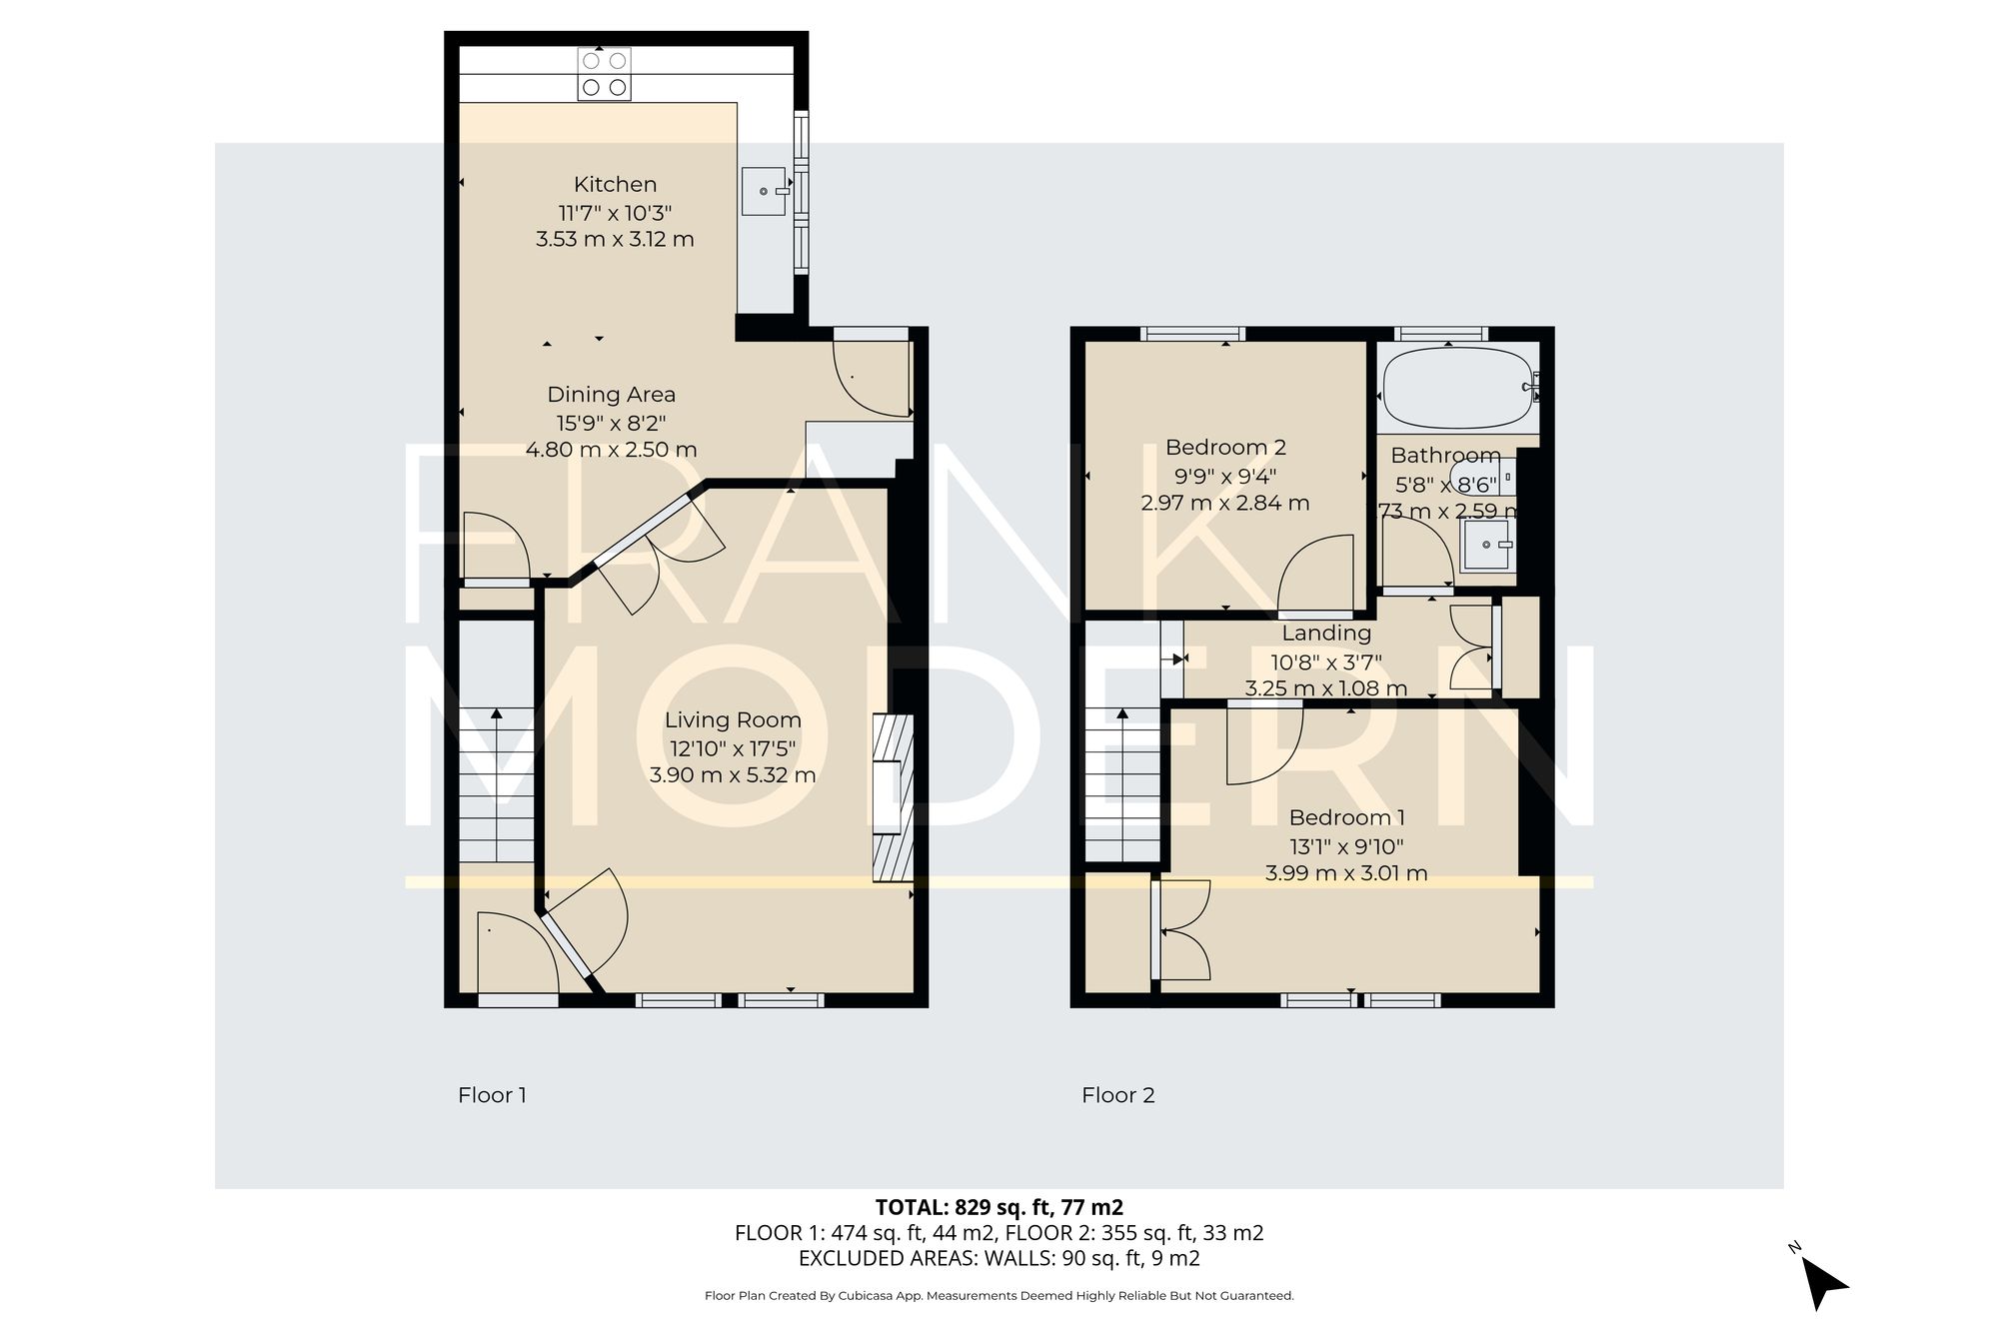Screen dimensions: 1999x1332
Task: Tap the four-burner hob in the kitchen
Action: [x=605, y=74]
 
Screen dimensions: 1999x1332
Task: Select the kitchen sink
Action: [x=765, y=191]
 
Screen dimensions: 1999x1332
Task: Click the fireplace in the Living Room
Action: [x=893, y=797]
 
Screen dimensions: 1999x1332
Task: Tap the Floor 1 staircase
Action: [x=497, y=784]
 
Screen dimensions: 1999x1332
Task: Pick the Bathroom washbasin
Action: [x=1487, y=545]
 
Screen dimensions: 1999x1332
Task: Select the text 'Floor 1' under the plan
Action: [x=492, y=1095]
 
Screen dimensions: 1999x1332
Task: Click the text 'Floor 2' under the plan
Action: [x=1117, y=1095]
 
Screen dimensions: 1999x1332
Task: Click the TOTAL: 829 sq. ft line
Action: [x=999, y=1207]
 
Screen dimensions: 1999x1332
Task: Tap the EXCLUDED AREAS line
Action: [x=999, y=1259]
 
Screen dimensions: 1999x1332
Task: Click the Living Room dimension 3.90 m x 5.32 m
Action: [x=733, y=775]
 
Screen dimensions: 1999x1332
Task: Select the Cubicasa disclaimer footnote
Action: [x=999, y=1296]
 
